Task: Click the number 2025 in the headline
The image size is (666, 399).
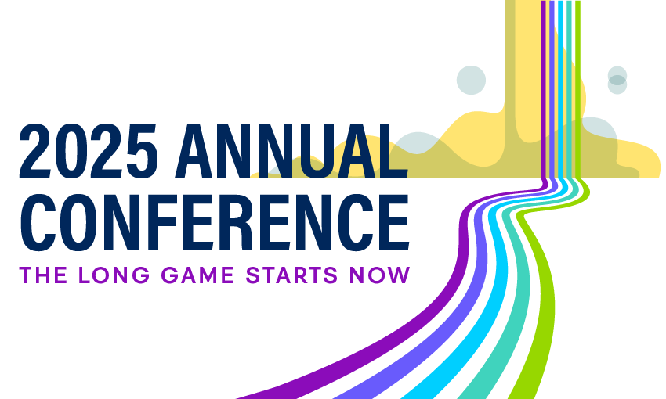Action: click(x=89, y=151)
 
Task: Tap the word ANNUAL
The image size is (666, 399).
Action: click(x=291, y=151)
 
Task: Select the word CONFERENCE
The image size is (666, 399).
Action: click(x=215, y=223)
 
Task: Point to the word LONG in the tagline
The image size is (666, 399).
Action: click(x=114, y=275)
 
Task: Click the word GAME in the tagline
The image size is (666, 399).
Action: click(x=198, y=275)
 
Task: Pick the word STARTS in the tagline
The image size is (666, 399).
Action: click(x=291, y=275)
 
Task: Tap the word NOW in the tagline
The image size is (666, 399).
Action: click(x=380, y=275)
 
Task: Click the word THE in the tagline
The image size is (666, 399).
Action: click(x=43, y=275)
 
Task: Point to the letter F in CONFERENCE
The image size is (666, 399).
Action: click(x=166, y=223)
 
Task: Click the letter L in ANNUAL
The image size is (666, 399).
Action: click(x=393, y=151)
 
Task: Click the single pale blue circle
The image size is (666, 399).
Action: click(x=471, y=80)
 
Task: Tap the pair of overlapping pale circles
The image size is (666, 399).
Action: click(x=617, y=80)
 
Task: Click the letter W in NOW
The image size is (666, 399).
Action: click(x=400, y=275)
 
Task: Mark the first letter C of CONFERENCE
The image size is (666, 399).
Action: click(x=38, y=223)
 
